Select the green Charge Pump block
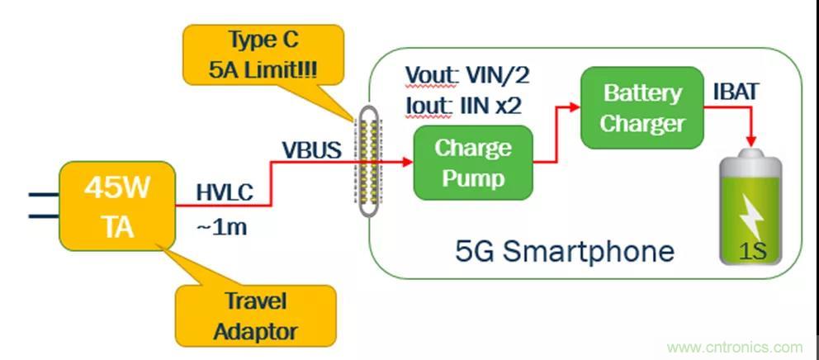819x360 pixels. pos(472,163)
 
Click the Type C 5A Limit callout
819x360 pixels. pos(263,54)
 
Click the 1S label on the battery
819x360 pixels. pos(752,250)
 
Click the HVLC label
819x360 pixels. pos(223,195)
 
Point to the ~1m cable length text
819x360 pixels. pos(221,224)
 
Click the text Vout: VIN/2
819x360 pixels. pos(466,76)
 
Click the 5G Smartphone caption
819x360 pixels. pos(565,250)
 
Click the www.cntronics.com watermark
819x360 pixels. pos(734,348)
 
